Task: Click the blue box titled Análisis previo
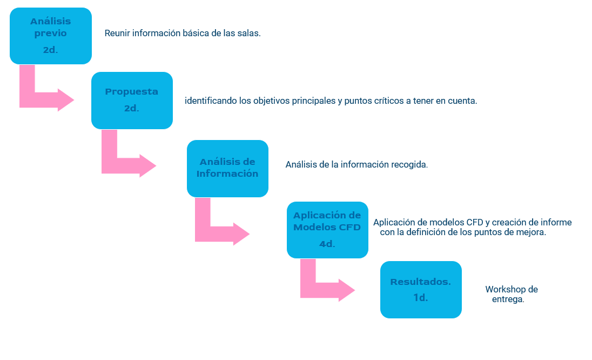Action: pyautogui.click(x=51, y=36)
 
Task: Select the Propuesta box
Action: pyautogui.click(x=132, y=101)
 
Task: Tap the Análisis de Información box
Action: pyautogui.click(x=227, y=169)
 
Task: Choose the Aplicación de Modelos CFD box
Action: pyautogui.click(x=327, y=230)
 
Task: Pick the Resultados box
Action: pyautogui.click(x=421, y=290)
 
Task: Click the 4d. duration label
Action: pyautogui.click(x=327, y=244)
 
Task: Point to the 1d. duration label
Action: pyautogui.click(x=421, y=298)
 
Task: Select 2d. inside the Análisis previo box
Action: pyautogui.click(x=50, y=50)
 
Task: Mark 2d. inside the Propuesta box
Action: pyautogui.click(x=132, y=109)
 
